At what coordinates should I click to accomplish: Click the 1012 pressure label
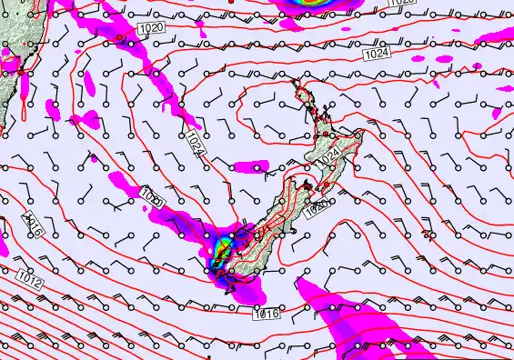[30, 280]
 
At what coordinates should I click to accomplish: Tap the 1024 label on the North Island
[329, 155]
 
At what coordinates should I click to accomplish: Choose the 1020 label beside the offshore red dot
[153, 31]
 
